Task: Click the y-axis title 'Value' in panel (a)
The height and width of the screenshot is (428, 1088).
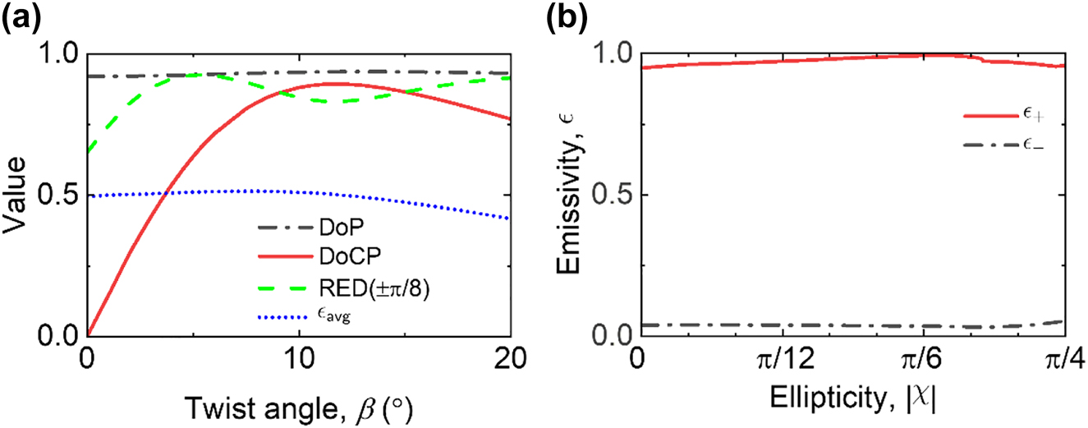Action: point(20,195)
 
